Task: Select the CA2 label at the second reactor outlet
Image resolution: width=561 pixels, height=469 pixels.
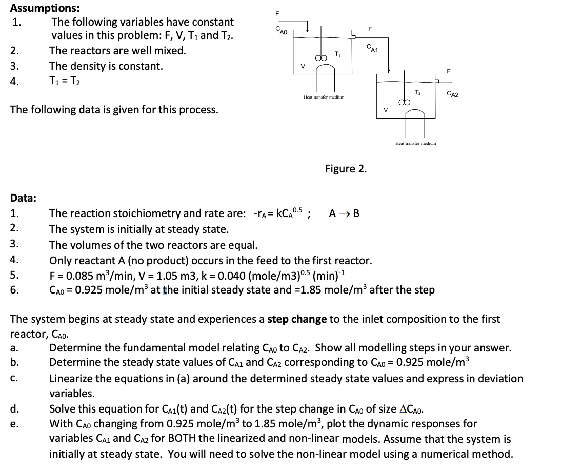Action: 452,94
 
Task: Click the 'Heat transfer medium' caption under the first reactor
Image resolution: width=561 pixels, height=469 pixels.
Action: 324,96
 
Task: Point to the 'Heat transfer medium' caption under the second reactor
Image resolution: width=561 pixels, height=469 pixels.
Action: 415,144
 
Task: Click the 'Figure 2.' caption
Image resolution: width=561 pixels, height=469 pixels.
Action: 346,169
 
